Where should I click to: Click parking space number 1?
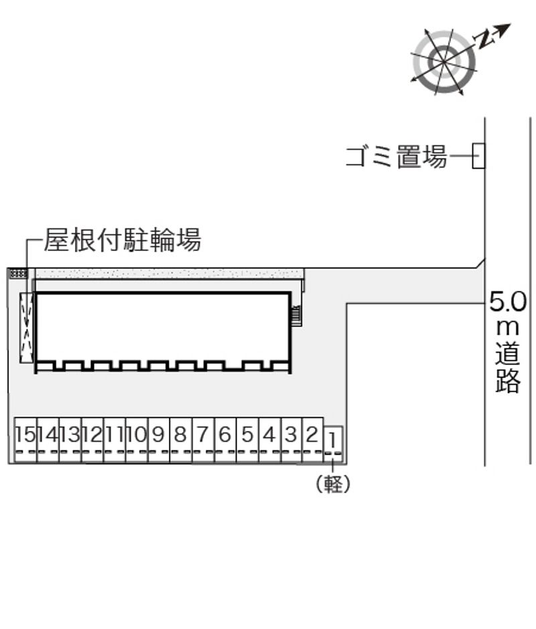(334, 442)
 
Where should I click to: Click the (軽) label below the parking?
(333, 484)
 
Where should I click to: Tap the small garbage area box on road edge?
(478, 157)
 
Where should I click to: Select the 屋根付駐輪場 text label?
(123, 240)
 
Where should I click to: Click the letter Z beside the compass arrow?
(484, 39)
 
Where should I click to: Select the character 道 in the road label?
(508, 355)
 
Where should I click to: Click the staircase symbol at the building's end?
(296, 314)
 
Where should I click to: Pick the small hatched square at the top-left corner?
(17, 273)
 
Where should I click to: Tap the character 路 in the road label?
(508, 381)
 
